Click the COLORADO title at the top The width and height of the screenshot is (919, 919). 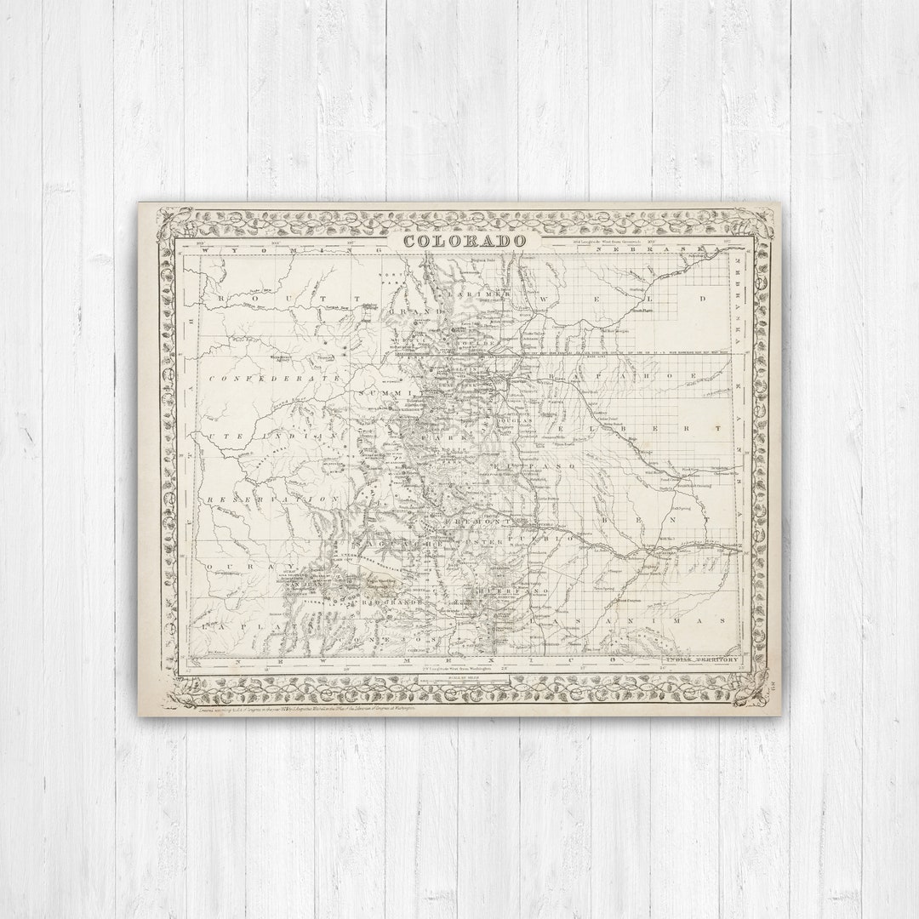(465, 241)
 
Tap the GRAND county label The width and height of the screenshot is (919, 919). (426, 311)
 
